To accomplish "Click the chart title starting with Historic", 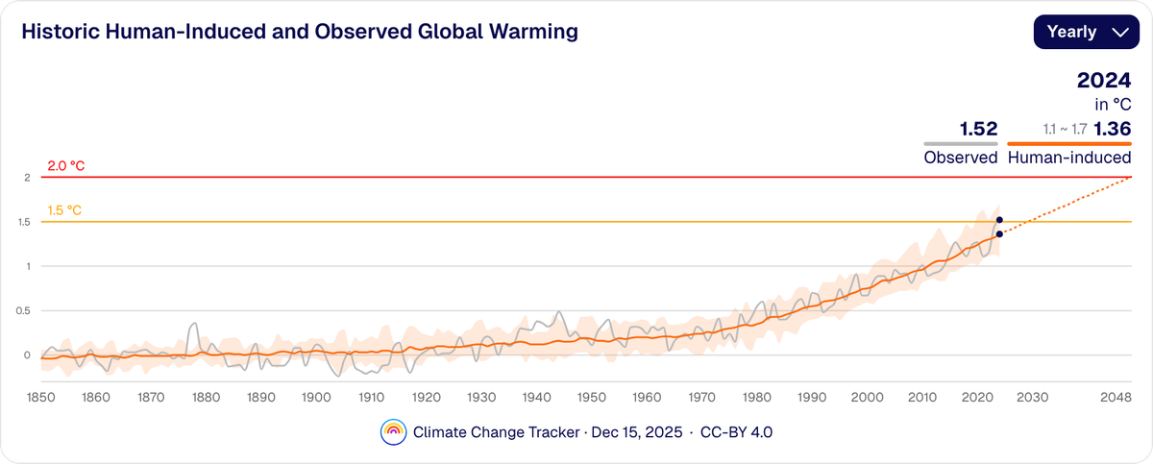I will point(299,32).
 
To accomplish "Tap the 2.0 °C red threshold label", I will point(66,166).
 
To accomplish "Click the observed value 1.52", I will point(978,129).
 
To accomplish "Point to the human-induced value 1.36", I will point(1112,129).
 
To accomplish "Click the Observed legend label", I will point(961,158).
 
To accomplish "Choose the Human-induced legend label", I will point(1068,158).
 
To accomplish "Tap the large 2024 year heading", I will point(1103,81).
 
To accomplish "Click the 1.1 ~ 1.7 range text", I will point(1066,129).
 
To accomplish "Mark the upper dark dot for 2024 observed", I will point(1000,220).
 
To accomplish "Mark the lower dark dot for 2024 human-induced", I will point(1000,234).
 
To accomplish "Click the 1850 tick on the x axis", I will point(39,398).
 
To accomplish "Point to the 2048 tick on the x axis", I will point(1116,398).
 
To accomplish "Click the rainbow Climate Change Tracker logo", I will point(393,432).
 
